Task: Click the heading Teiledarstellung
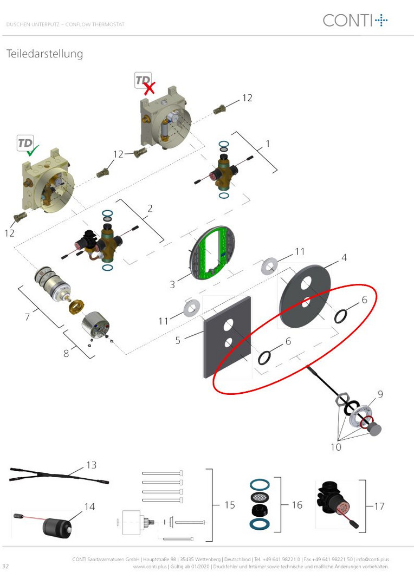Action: point(44,54)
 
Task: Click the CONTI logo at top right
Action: point(355,20)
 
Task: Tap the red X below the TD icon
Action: point(150,88)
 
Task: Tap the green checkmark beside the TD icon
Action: point(32,151)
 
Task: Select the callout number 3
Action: point(172,285)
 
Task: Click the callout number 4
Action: point(344,257)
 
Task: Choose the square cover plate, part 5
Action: point(227,337)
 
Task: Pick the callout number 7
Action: point(27,317)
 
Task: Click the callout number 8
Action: point(66,353)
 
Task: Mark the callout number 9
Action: point(380,394)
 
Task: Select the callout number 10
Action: point(336,447)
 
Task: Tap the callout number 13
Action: point(91,465)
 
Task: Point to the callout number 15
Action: point(230,505)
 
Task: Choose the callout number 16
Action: point(297,505)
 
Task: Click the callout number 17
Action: point(379,506)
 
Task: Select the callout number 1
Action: point(268,144)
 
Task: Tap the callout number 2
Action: point(150,208)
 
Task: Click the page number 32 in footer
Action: point(5,566)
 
